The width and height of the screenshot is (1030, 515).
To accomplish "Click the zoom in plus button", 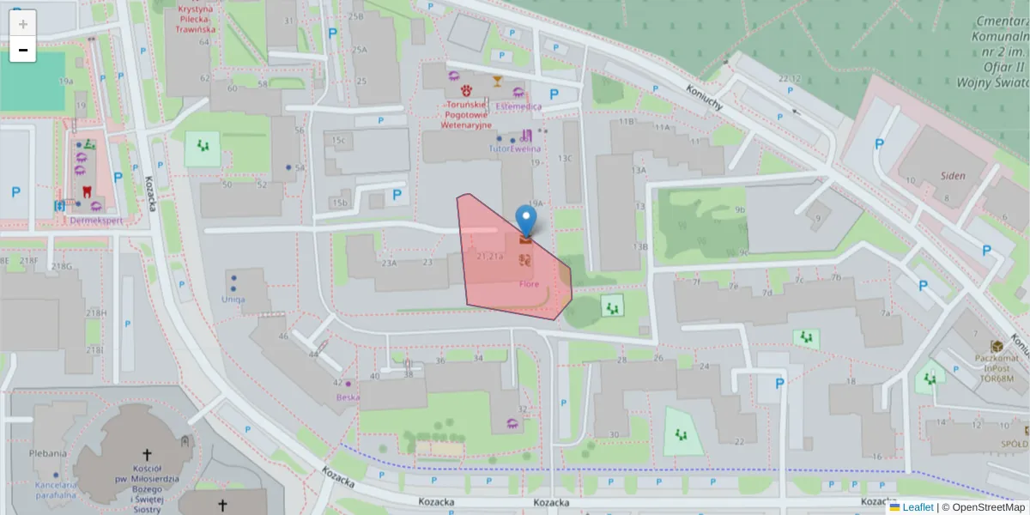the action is (x=22, y=23).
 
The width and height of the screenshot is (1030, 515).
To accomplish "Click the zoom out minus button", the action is (x=22, y=50).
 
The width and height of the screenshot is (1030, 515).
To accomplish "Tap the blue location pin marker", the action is (x=525, y=220).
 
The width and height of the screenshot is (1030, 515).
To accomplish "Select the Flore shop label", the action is (x=530, y=284).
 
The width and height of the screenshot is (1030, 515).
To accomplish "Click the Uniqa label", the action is (x=233, y=299).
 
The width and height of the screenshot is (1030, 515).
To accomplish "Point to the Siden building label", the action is (x=952, y=176).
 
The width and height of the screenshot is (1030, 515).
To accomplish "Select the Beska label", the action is (x=348, y=397).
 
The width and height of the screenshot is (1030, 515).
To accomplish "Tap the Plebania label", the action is (x=48, y=453).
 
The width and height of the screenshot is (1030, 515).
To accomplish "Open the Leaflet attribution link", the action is (x=917, y=507).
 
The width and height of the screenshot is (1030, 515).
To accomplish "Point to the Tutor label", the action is (x=499, y=148).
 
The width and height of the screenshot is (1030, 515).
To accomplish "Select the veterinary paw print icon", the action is (x=467, y=89).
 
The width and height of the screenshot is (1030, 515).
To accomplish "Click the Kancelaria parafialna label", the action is (x=56, y=490).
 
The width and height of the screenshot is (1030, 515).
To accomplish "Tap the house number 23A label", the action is (x=389, y=263).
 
